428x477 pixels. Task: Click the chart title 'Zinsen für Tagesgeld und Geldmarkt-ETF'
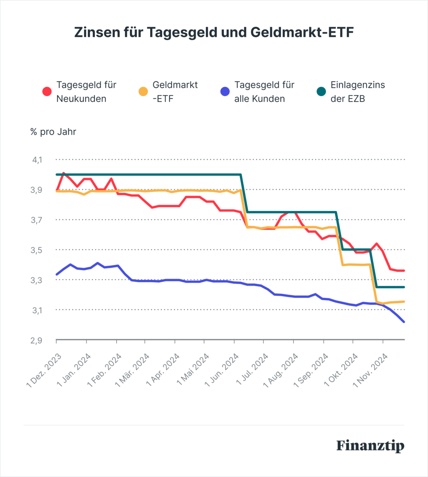pyautogui.click(x=214, y=32)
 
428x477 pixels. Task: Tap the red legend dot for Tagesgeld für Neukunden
pyautogui.click(x=47, y=91)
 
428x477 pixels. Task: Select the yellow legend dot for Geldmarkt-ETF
pyautogui.click(x=143, y=91)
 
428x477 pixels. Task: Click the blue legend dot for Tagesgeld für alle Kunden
pyautogui.click(x=225, y=91)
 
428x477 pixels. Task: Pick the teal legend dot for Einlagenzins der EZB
pyautogui.click(x=321, y=91)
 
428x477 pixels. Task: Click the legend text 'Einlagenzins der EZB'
pyautogui.click(x=358, y=92)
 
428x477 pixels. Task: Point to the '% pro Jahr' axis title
pyautogui.click(x=53, y=132)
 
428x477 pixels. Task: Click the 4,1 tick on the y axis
pyautogui.click(x=37, y=160)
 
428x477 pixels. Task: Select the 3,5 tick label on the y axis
pyautogui.click(x=37, y=250)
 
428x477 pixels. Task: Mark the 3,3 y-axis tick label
pyautogui.click(x=37, y=280)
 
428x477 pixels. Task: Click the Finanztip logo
pyautogui.click(x=370, y=446)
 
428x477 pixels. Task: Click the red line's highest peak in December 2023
pyautogui.click(x=63, y=173)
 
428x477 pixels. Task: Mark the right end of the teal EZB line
pyautogui.click(x=404, y=287)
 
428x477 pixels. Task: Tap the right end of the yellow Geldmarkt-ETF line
pyautogui.click(x=404, y=302)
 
